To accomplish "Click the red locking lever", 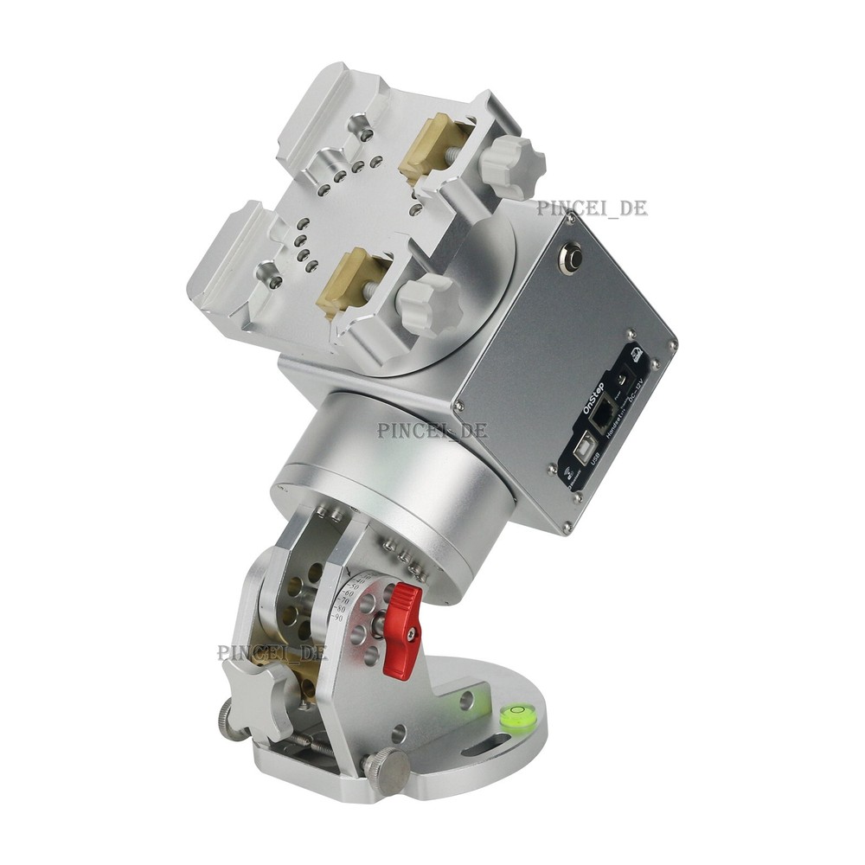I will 402,630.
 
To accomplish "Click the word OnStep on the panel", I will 593,399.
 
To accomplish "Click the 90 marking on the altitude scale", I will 338,618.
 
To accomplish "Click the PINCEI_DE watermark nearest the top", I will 591,208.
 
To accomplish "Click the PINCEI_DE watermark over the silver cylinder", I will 432,430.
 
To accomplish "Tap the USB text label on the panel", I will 596,458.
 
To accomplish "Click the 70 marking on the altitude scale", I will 343,599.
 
